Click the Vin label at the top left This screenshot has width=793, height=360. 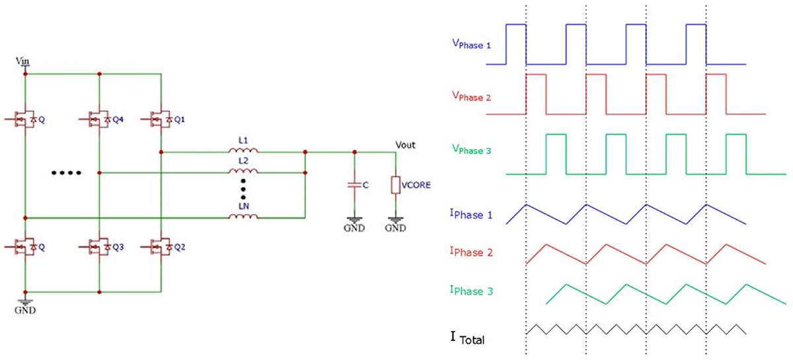click(x=22, y=61)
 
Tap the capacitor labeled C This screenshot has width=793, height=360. click(x=354, y=186)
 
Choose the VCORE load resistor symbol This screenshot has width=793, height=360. click(x=395, y=186)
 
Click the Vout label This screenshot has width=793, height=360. click(x=405, y=145)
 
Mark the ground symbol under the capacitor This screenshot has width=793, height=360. click(x=354, y=223)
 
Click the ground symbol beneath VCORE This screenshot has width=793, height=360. click(x=395, y=223)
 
